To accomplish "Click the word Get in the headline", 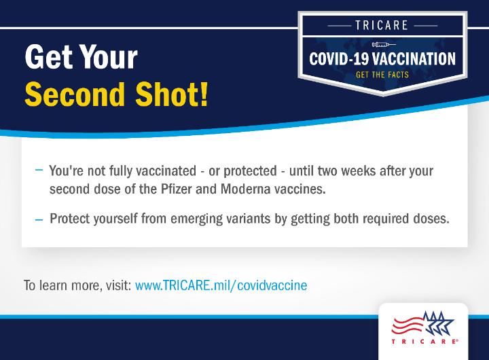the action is point(50,57).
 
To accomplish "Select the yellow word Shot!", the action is point(172,94).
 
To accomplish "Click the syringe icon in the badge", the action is point(384,45).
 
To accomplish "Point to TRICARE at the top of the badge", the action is point(382,25).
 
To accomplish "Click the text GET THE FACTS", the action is point(382,75).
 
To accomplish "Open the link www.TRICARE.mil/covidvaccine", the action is point(221,285).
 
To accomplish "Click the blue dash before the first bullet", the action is point(39,170).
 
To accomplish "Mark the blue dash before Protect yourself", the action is point(39,219).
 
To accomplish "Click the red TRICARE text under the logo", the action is point(424,342).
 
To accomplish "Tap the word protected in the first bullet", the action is point(250,172).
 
